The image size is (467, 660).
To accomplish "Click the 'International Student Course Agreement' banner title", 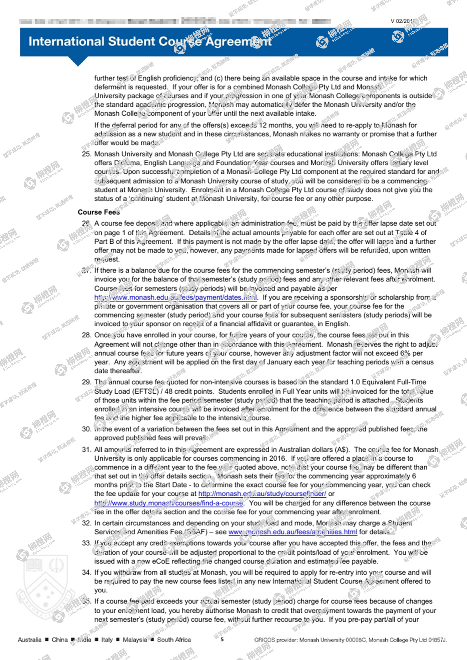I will (150, 42).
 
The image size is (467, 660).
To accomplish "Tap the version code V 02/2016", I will (404, 21).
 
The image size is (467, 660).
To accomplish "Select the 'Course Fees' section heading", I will (99, 212).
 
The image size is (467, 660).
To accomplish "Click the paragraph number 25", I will (86, 154).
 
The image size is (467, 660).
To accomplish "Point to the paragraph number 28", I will (86, 335).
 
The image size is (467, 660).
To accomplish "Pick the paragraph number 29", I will (86, 382).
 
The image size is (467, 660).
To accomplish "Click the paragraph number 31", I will (86, 450).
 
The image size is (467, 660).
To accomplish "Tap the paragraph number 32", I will (86, 523).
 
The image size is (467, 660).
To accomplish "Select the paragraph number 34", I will (86, 572).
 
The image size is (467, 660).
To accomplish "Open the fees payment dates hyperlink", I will (175, 297).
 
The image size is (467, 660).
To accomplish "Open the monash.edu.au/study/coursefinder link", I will (262, 494).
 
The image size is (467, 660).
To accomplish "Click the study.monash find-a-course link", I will (168, 503).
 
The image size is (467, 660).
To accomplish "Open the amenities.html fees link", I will (293, 532).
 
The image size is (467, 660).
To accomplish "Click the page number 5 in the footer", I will (222, 639).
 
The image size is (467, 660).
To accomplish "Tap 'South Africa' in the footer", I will (174, 640).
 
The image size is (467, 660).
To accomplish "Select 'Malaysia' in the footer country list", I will (135, 640).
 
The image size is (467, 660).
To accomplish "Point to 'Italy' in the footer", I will (107, 640).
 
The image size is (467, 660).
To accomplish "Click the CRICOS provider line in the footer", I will (350, 640).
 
